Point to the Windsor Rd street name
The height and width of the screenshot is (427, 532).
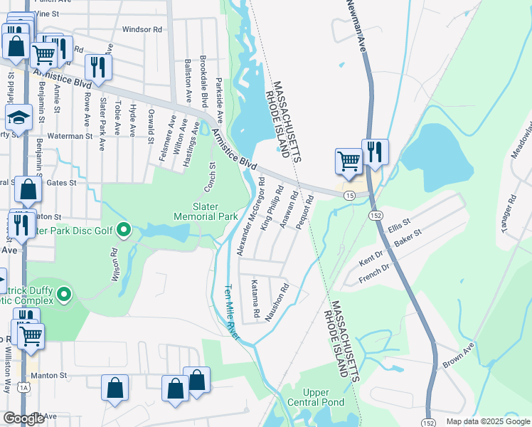[x=142, y=29]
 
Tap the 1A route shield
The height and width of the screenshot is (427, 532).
[x=25, y=386]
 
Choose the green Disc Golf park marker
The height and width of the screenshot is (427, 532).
[x=124, y=230]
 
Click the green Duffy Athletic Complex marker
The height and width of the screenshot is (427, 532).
[x=65, y=293]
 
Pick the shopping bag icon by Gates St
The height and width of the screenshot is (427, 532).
[x=28, y=190]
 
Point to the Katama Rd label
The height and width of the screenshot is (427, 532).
[x=255, y=299]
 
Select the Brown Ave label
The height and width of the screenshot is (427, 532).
[x=459, y=353]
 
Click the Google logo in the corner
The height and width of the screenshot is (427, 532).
[x=23, y=419]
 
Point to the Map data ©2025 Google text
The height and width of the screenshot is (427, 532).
[x=487, y=421]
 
